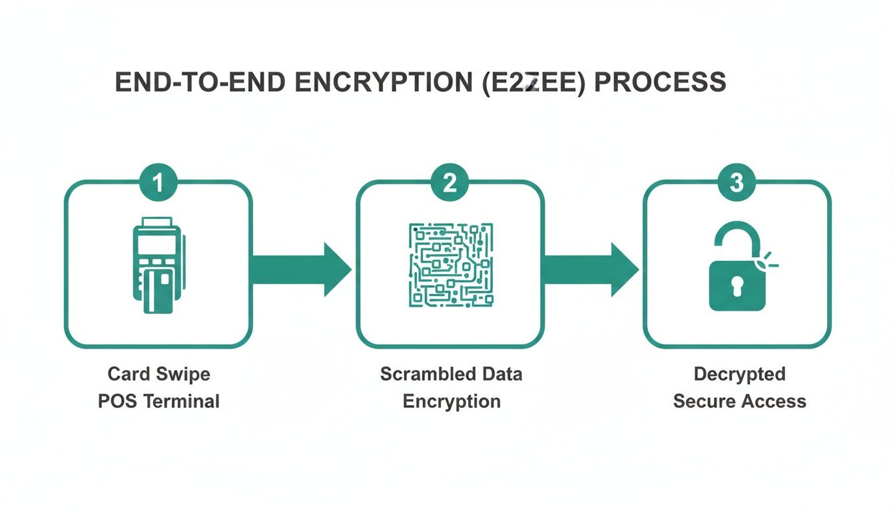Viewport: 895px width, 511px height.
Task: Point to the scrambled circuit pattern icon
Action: click(450, 265)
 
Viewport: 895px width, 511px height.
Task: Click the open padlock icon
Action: click(738, 267)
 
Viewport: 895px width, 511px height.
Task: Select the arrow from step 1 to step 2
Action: click(301, 269)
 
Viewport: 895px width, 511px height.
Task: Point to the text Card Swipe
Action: click(158, 374)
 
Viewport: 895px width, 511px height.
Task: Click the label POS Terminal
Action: click(158, 402)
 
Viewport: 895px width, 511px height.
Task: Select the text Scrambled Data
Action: click(451, 374)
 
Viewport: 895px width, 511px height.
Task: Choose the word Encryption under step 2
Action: click(451, 402)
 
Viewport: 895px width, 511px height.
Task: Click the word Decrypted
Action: click(739, 374)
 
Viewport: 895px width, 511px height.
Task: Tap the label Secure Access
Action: click(739, 402)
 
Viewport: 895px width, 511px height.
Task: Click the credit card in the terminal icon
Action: click(158, 290)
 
